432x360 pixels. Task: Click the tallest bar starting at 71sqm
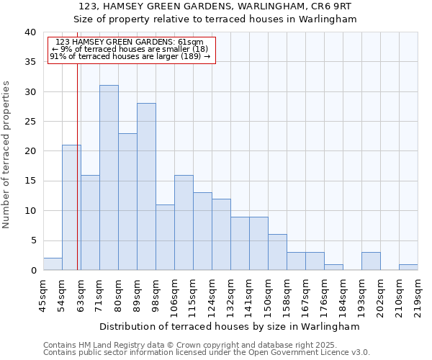pos(109,178)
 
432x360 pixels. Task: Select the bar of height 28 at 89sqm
pos(146,186)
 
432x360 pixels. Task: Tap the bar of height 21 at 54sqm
pos(71,207)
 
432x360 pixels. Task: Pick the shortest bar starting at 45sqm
pos(53,264)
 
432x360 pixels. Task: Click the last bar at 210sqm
pos(408,267)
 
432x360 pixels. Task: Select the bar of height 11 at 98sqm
pos(165,238)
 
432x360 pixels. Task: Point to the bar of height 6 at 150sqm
pos(277,252)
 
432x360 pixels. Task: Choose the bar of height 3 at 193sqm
pos(371,261)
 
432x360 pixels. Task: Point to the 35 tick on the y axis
pos(30,62)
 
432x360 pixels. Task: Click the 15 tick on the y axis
pos(30,181)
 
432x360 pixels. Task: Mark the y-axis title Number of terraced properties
pos(7,155)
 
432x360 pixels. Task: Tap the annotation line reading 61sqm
pos(130,42)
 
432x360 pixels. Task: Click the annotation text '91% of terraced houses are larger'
pos(130,56)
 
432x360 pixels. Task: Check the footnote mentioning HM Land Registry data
pos(195,345)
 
